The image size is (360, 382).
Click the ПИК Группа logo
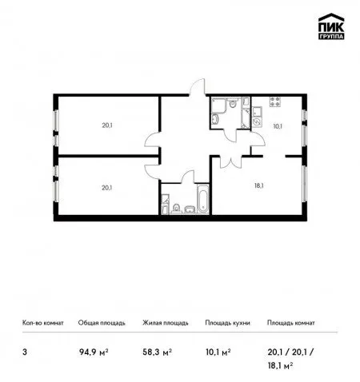(x=331, y=26)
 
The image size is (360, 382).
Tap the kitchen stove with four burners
(x=275, y=101)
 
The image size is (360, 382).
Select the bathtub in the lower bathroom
(x=203, y=198)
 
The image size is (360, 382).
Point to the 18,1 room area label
(x=258, y=185)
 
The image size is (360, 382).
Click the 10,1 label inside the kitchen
(x=278, y=126)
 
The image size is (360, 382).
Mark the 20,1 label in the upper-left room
(x=107, y=125)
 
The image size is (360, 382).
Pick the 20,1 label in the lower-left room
(x=106, y=188)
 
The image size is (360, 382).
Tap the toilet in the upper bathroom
(x=233, y=103)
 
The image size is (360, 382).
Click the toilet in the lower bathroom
(x=176, y=208)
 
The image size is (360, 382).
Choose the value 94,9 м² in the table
(x=94, y=352)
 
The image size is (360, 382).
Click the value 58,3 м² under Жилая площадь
(x=157, y=352)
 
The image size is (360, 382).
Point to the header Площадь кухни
(x=227, y=323)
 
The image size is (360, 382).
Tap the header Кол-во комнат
(x=43, y=323)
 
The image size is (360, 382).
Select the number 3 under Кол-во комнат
(x=25, y=352)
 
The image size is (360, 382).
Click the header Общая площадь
(x=102, y=323)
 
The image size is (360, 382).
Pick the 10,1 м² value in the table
(x=218, y=352)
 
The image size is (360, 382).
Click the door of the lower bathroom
(x=187, y=177)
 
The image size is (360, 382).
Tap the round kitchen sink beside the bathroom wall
(x=257, y=121)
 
